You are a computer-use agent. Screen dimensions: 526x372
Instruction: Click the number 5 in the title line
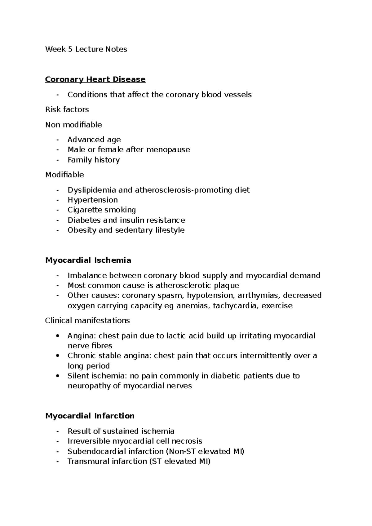pos(70,49)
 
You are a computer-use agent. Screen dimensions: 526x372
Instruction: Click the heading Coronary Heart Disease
pos(95,79)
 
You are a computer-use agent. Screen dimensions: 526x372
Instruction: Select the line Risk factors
pos(67,109)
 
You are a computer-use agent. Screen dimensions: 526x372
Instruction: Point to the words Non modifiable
pos(73,125)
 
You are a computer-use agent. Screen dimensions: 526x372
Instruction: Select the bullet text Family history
pos(94,160)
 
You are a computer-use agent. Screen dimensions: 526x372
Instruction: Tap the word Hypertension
pos(93,200)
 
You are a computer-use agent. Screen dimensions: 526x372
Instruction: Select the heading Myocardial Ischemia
pos(88,260)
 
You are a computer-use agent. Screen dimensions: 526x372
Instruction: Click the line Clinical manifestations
pos(87,320)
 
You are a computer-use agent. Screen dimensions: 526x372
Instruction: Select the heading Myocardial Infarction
pos(90,416)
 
